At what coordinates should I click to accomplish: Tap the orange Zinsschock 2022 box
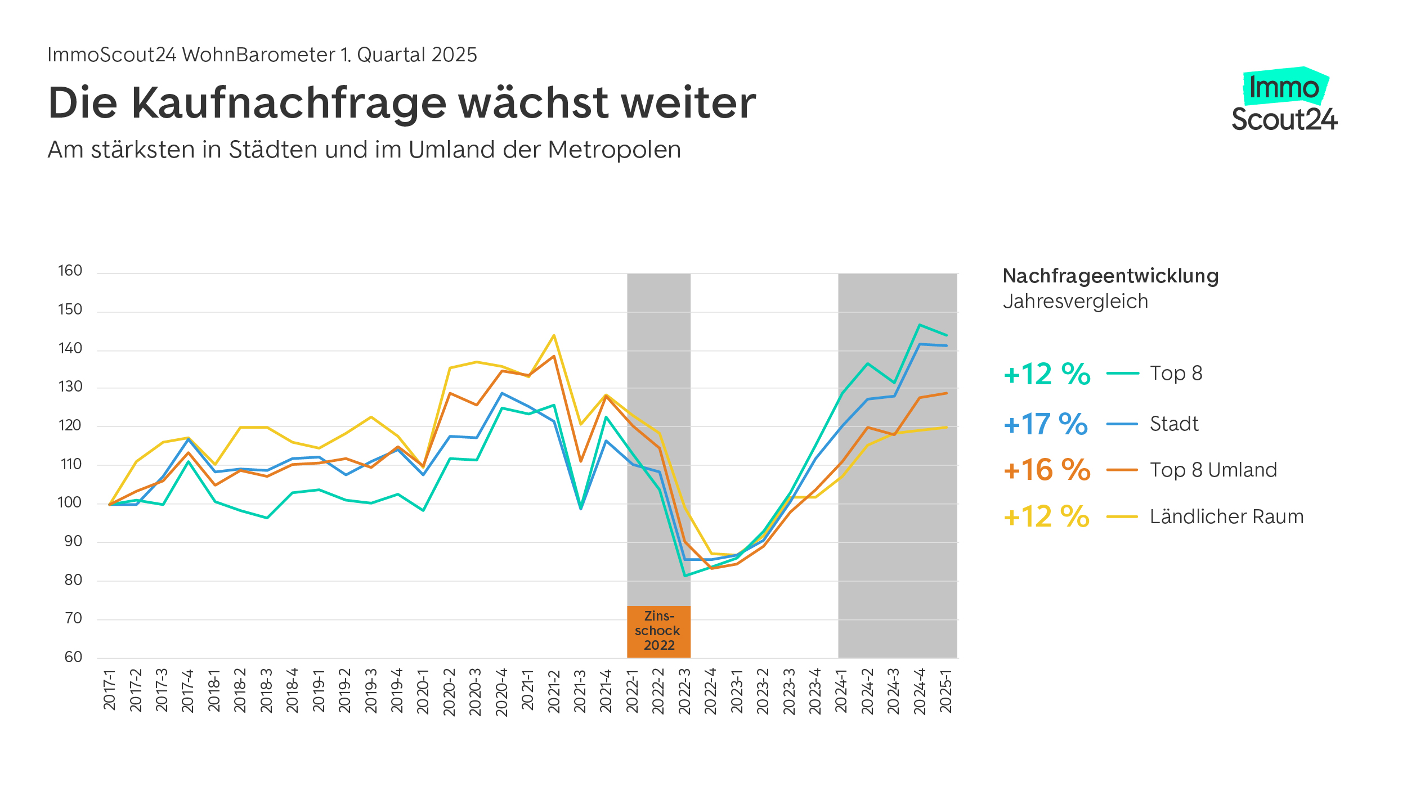coord(658,631)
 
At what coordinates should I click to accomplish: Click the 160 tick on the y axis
coord(70,271)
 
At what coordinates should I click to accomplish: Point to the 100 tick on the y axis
coord(70,502)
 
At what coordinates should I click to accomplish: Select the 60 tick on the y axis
coord(73,657)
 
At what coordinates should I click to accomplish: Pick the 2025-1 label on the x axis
coord(946,691)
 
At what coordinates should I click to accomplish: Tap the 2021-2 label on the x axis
coord(554,691)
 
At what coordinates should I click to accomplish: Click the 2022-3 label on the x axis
coord(684,691)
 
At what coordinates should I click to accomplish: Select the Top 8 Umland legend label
coord(1213,470)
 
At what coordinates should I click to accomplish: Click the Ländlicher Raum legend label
coord(1226,516)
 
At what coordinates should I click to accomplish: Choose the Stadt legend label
coord(1174,424)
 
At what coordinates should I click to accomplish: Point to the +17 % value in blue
coord(1045,424)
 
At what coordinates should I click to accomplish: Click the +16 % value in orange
coord(1046,470)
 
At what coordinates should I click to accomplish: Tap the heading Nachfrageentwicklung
coord(1110,276)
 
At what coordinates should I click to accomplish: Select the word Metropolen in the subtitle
coord(614,150)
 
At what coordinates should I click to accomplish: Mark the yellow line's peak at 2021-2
coord(554,335)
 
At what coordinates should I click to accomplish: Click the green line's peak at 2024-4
coord(920,325)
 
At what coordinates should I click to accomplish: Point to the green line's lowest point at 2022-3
coord(684,576)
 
